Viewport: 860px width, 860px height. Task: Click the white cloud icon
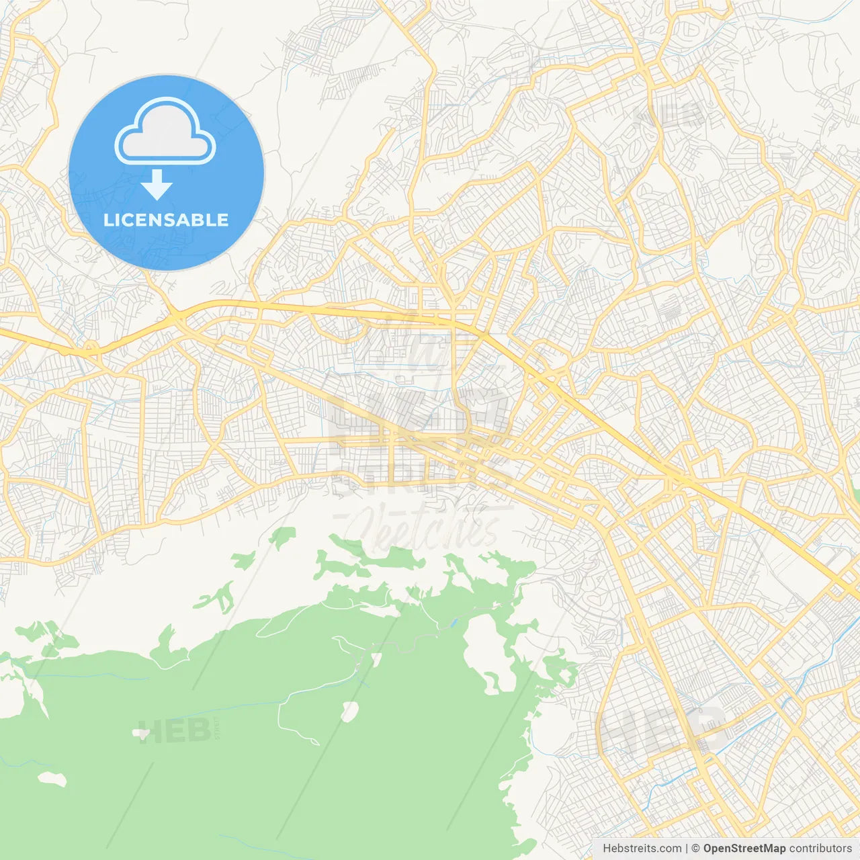165,131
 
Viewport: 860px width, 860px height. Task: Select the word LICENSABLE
166,220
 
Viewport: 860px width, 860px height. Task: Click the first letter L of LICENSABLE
107,220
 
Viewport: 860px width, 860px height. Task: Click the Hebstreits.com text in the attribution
642,849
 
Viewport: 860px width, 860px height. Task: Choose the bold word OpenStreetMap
744,849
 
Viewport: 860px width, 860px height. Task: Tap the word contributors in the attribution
820,849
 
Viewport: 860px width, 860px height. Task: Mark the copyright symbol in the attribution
696,849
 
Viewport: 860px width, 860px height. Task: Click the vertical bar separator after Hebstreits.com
687,849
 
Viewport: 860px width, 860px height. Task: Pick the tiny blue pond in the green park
454,623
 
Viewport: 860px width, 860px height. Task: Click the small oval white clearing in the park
349,711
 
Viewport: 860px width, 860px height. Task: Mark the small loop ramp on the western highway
90,347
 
